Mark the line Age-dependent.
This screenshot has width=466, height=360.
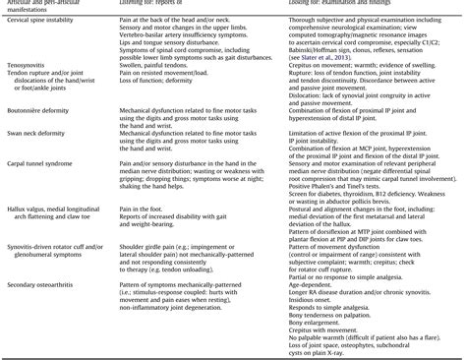point(317,283)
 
